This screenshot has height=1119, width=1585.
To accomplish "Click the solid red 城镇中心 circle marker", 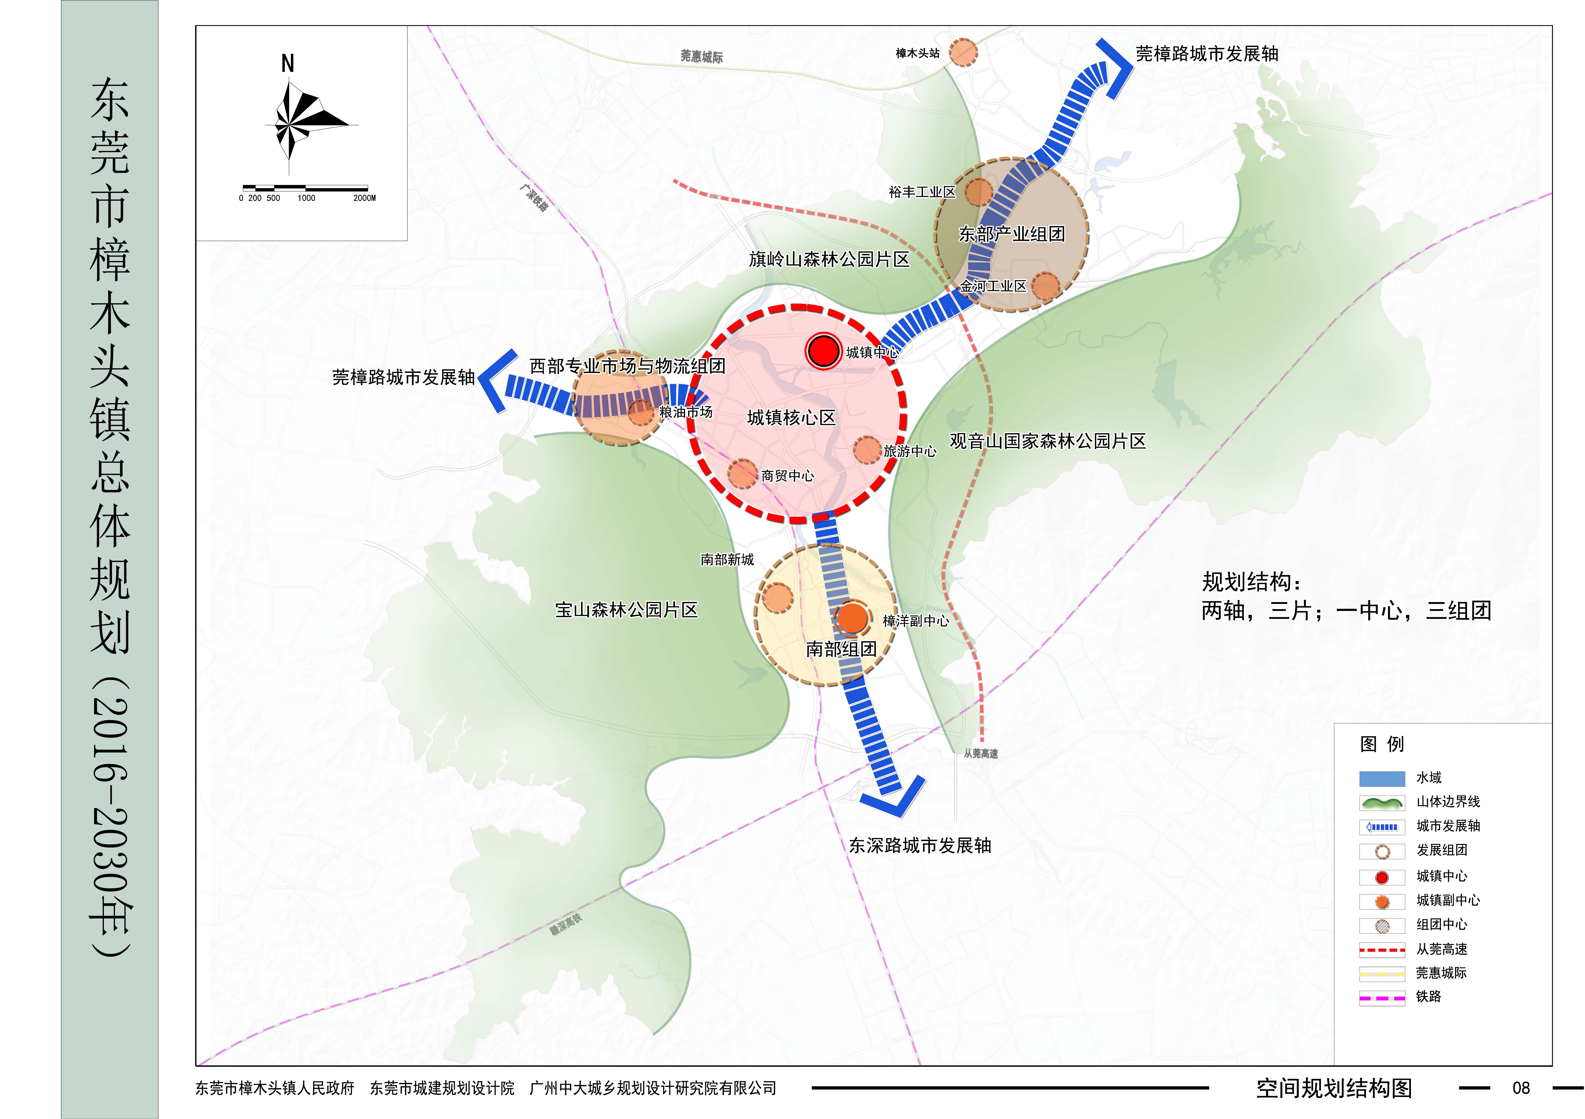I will click(823, 351).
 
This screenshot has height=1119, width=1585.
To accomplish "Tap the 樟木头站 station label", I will click(917, 53).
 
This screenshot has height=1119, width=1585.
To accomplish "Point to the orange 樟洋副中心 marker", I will click(853, 618).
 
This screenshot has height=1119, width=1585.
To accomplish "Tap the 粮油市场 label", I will click(686, 412).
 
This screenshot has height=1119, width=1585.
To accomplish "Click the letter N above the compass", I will click(288, 64).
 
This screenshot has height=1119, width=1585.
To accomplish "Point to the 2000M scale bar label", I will click(365, 198).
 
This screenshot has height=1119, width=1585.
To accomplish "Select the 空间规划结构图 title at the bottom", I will click(1334, 1088).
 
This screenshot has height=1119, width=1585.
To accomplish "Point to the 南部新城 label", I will click(727, 559).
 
